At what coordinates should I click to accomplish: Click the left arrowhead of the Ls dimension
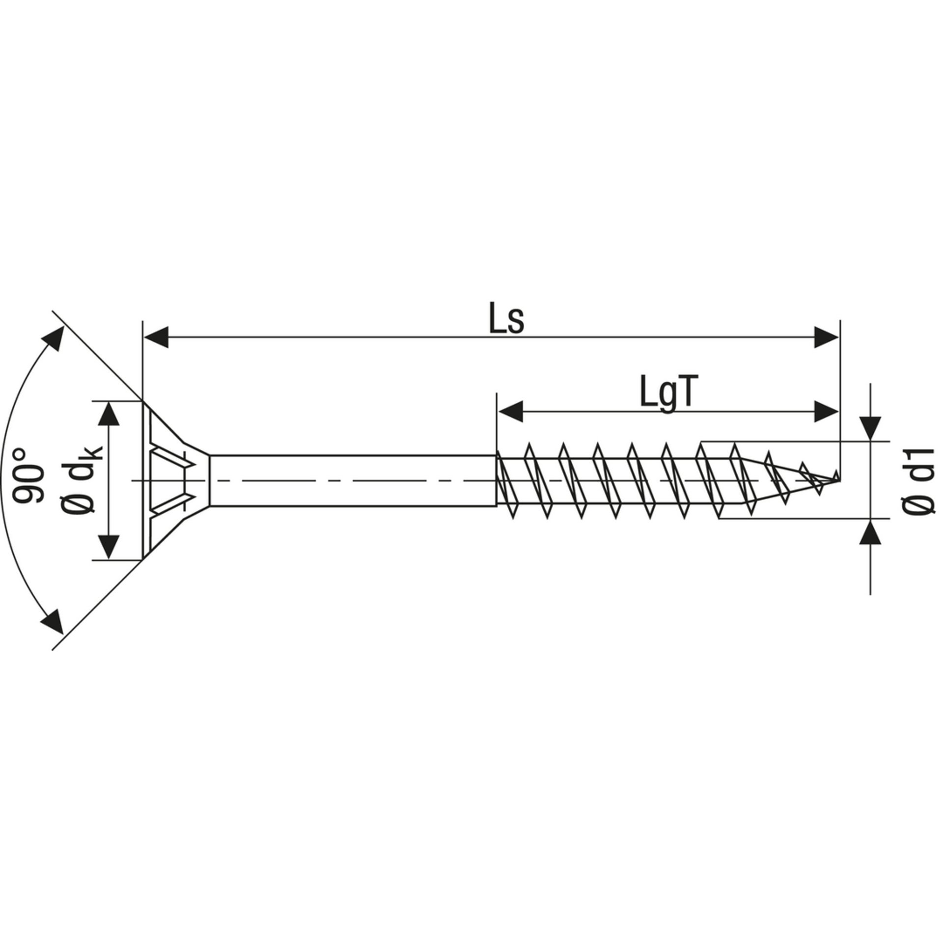coord(156,337)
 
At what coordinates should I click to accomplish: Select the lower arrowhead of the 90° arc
coord(53,621)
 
